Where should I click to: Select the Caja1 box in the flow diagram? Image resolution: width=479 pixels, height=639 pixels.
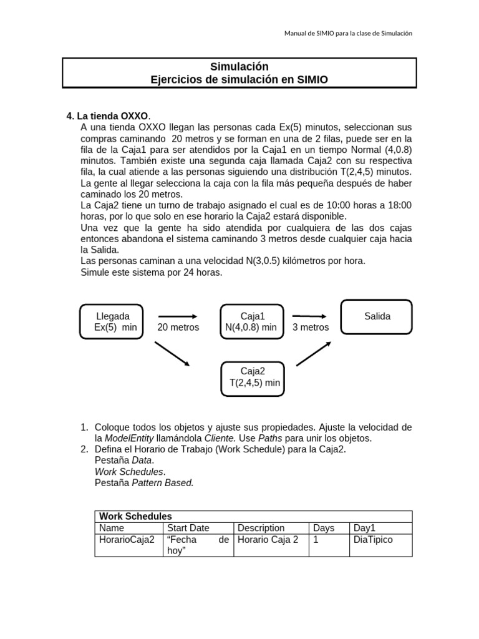pyautogui.click(x=252, y=321)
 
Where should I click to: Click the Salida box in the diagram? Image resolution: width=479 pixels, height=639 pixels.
pyautogui.click(x=377, y=317)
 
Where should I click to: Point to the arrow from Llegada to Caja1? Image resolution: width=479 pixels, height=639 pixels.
pyautogui.click(x=178, y=316)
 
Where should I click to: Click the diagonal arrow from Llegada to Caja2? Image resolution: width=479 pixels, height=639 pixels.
pyautogui.click(x=172, y=353)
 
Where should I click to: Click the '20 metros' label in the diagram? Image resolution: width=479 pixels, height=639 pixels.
pyautogui.click(x=178, y=328)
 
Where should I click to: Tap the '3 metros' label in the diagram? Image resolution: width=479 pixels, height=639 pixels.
pyautogui.click(x=311, y=328)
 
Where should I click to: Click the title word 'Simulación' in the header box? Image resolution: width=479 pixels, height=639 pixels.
pyautogui.click(x=239, y=67)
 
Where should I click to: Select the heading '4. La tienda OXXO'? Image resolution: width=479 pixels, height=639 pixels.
pyautogui.click(x=109, y=116)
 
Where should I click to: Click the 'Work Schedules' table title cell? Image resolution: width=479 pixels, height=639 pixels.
pyautogui.click(x=135, y=516)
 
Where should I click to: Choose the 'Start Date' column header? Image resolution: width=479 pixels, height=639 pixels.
pyautogui.click(x=188, y=528)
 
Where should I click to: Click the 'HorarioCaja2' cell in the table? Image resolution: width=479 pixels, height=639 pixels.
pyautogui.click(x=126, y=540)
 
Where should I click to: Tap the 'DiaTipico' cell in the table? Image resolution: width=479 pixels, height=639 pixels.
pyautogui.click(x=373, y=540)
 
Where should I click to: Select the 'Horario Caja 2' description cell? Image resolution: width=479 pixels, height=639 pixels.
pyautogui.click(x=268, y=540)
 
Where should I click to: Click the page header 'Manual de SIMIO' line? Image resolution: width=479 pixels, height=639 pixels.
pyautogui.click(x=349, y=34)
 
